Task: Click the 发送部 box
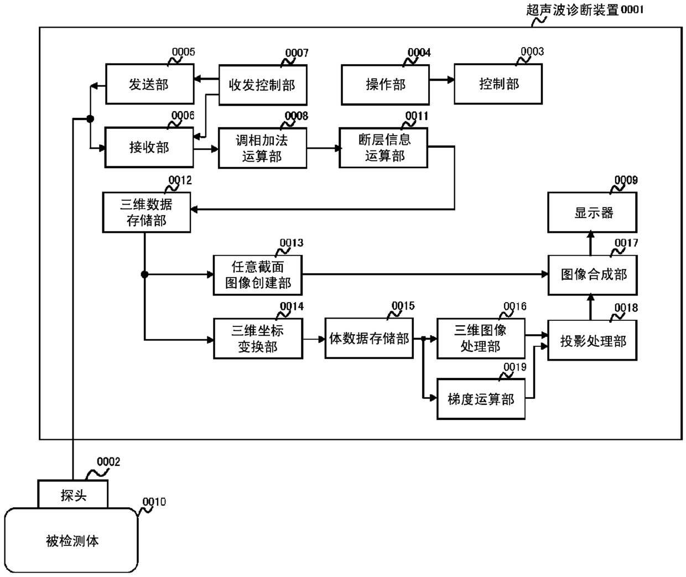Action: point(150,84)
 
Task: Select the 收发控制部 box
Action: point(263,85)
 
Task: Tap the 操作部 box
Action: point(385,85)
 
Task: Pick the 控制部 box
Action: point(498,84)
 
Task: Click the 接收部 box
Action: point(149,147)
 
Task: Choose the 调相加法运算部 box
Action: point(263,148)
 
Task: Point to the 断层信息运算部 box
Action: point(383,148)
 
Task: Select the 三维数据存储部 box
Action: point(147,212)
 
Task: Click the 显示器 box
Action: point(593,212)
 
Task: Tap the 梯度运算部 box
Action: point(481,399)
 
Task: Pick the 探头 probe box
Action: point(73,494)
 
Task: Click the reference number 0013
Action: point(292,243)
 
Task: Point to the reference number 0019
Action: point(515,367)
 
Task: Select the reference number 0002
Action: point(108,462)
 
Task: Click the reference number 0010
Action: point(154,502)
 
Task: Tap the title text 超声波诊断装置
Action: point(573,10)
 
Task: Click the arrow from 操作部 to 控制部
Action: point(442,80)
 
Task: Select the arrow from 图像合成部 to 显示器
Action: point(590,243)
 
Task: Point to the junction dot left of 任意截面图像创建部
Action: point(144,274)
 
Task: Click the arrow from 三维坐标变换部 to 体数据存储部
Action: point(314,340)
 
